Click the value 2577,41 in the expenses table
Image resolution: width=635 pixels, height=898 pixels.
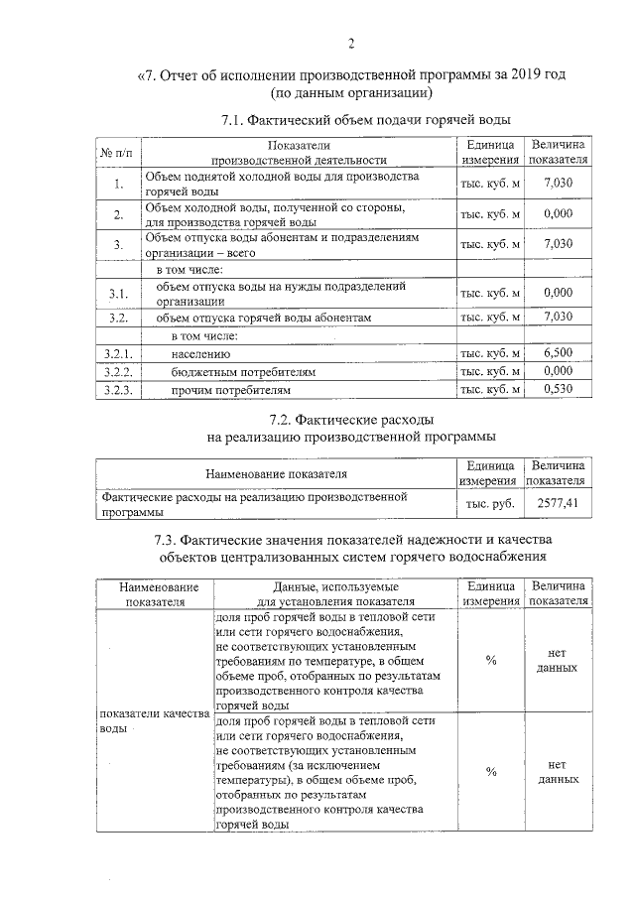pyautogui.click(x=558, y=504)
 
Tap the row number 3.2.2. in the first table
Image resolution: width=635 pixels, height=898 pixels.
pyautogui.click(x=117, y=371)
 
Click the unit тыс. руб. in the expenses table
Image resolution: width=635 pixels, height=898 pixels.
pyautogui.click(x=490, y=504)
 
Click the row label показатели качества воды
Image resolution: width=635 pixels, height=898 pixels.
pyautogui.click(x=152, y=720)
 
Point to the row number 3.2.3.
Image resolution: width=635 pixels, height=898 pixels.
pyautogui.click(x=117, y=389)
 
